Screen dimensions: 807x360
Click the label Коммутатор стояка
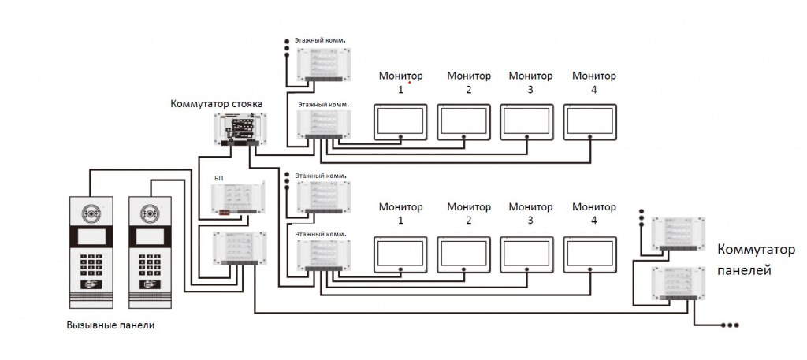tap(216, 104)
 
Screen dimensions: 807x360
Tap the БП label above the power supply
tap(219, 178)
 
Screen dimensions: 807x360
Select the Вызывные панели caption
tap(110, 325)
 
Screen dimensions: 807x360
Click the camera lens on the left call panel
tap(91, 212)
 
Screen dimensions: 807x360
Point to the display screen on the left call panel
tap(91, 237)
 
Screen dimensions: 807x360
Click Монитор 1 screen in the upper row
tap(400, 122)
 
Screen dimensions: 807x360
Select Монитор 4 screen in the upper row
tap(589, 122)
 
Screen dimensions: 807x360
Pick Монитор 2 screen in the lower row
tap(463, 254)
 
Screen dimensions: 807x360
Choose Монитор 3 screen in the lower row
tap(527, 254)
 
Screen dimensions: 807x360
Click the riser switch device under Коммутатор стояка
tap(240, 128)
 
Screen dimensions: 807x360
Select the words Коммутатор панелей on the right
tap(756, 260)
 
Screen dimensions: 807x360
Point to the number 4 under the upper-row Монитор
tap(594, 90)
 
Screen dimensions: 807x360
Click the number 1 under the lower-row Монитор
tap(400, 221)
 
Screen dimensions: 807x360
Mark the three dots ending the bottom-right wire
tap(731, 325)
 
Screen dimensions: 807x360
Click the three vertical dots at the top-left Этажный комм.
tap(287, 46)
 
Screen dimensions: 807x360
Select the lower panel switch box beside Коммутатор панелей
tap(679, 284)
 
